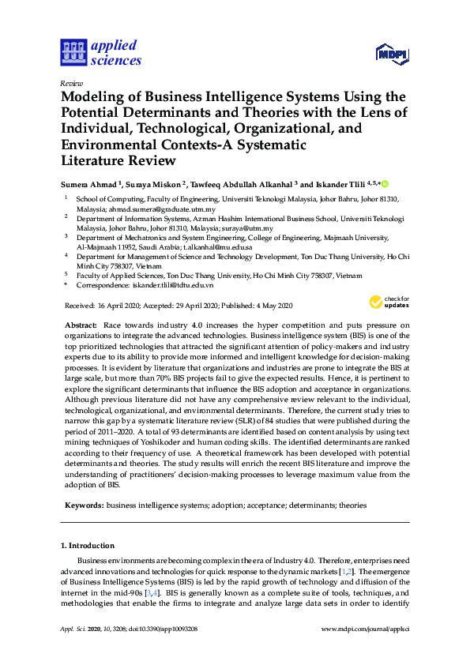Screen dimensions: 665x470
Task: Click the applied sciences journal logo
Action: (x=100, y=52)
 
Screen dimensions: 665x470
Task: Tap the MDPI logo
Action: (x=392, y=54)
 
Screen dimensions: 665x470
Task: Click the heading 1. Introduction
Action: (x=88, y=545)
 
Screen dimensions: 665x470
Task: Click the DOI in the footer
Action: (x=165, y=650)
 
